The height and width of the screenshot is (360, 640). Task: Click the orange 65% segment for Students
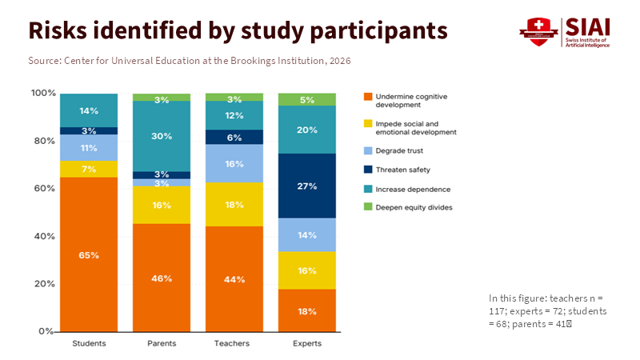pos(89,254)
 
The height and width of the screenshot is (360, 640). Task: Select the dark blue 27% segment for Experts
pos(307,186)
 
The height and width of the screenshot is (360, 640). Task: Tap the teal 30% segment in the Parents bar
pos(162,136)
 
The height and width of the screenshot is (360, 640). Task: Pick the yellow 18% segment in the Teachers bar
pos(234,205)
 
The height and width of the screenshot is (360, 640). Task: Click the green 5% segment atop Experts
pos(307,100)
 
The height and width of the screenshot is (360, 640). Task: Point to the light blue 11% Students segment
pos(89,148)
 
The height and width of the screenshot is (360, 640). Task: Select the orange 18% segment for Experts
pos(307,310)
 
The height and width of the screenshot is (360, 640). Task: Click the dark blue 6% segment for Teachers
pos(234,137)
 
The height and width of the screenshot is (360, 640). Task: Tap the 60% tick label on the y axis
pos(44,189)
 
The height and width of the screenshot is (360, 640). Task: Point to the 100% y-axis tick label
pos(42,94)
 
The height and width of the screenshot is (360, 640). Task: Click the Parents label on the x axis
pos(162,344)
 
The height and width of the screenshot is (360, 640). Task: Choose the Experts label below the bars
pos(307,344)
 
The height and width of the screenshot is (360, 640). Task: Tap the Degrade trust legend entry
pos(400,150)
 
